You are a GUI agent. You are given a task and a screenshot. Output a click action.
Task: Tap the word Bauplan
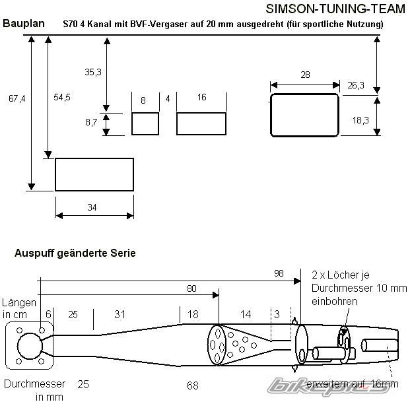click(24, 24)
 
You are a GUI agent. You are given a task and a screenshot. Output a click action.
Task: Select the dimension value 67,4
click(17, 99)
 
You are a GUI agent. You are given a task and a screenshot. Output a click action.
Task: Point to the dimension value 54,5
click(62, 97)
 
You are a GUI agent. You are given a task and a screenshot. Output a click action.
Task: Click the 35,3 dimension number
click(94, 73)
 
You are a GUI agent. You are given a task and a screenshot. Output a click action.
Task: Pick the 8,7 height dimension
click(91, 123)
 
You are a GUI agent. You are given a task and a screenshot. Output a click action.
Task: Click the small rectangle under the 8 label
click(145, 123)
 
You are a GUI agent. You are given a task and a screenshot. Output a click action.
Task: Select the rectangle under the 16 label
click(201, 123)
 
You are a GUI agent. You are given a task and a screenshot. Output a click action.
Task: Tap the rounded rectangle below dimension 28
click(304, 115)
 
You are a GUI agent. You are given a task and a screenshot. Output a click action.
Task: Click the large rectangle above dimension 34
click(94, 174)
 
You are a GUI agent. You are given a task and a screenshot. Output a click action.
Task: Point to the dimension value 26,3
click(356, 85)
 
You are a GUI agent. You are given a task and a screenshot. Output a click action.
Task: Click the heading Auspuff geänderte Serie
click(75, 253)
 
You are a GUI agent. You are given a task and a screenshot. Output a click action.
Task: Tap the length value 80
click(191, 288)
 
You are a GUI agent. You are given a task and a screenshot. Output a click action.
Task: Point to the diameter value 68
click(193, 384)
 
